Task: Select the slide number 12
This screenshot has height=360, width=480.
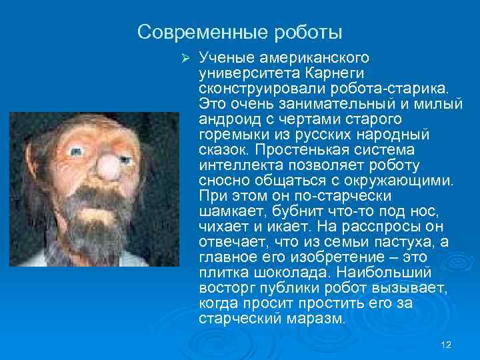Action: (447, 344)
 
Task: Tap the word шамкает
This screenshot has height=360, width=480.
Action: (229, 211)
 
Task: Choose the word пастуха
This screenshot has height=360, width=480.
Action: (394, 241)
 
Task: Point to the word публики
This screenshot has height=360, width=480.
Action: (273, 287)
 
